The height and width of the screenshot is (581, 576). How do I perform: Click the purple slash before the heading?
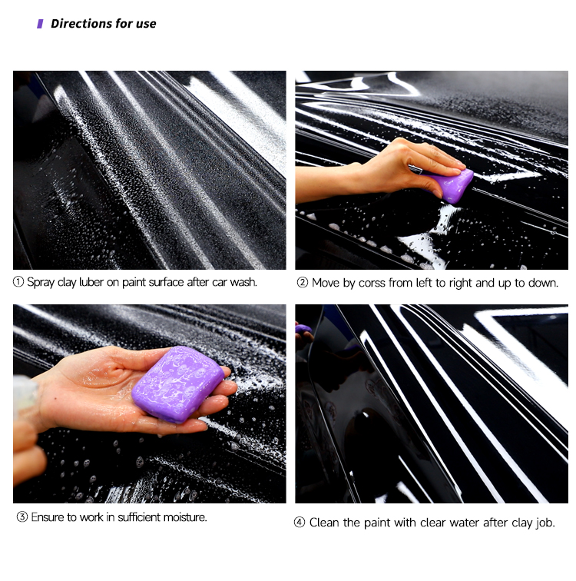point(40,24)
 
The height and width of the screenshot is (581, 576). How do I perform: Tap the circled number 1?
point(18,282)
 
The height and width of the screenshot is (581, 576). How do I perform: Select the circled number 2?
point(302,283)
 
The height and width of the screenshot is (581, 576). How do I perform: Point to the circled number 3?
point(22,516)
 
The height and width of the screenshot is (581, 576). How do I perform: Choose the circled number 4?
point(299,523)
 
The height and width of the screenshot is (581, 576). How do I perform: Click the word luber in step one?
point(91,282)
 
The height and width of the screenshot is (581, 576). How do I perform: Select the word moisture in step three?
point(185,517)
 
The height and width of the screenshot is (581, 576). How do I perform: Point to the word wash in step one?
point(243,282)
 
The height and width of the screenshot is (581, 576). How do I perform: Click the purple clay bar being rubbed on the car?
point(451,184)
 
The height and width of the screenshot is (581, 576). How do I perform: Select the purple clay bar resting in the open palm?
point(177,383)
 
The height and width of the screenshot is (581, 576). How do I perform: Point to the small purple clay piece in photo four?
point(303,328)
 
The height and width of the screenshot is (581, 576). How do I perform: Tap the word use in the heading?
point(146,24)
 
